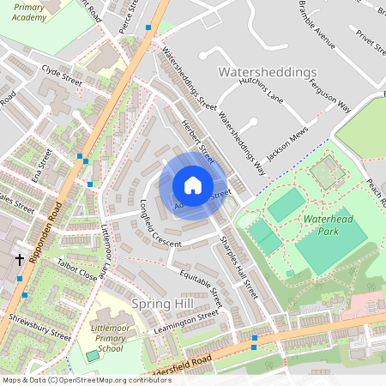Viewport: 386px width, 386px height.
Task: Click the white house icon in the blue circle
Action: [192, 185]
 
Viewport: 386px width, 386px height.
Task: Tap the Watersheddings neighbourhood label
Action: [268, 71]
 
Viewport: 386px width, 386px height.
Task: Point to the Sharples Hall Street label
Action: [239, 266]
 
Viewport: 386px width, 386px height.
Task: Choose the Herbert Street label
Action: [197, 137]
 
